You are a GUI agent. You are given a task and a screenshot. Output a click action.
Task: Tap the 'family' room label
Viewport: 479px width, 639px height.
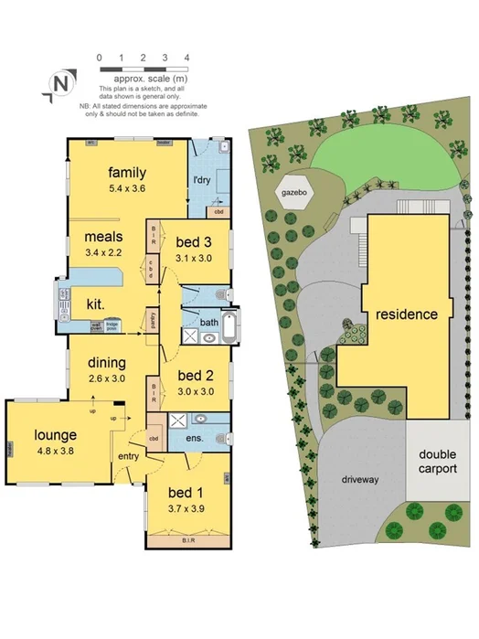click(127, 172)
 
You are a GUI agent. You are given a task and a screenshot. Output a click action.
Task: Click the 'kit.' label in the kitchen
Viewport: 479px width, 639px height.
click(95, 302)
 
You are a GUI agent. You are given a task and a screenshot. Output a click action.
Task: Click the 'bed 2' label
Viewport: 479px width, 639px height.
click(196, 375)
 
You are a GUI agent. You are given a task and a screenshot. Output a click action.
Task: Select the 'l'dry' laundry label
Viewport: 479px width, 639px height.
click(201, 180)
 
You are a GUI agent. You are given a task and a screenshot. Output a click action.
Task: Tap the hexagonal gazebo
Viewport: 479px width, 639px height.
click(293, 194)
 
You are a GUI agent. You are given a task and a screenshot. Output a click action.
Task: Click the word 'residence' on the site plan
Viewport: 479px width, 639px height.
click(406, 314)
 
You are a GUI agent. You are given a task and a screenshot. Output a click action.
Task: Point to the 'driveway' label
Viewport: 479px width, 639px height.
click(360, 478)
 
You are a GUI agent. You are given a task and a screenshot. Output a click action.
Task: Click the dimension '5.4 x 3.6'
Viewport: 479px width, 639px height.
click(127, 188)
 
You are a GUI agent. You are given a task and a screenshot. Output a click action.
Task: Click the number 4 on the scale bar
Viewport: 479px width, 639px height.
click(186, 57)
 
